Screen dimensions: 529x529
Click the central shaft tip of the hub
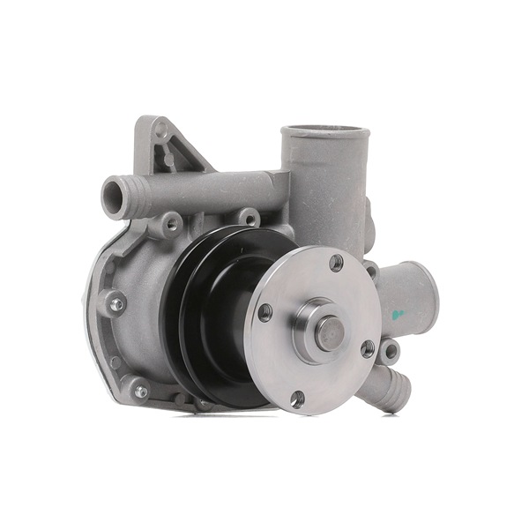click(330, 332)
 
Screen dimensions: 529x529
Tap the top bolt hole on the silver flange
click(336, 262)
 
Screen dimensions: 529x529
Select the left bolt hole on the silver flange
click(264, 312)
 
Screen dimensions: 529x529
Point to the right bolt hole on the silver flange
click(368, 348)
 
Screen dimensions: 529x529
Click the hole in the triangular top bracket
click(160, 130)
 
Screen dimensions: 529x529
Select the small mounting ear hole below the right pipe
click(388, 352)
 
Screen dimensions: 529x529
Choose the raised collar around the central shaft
click(316, 330)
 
